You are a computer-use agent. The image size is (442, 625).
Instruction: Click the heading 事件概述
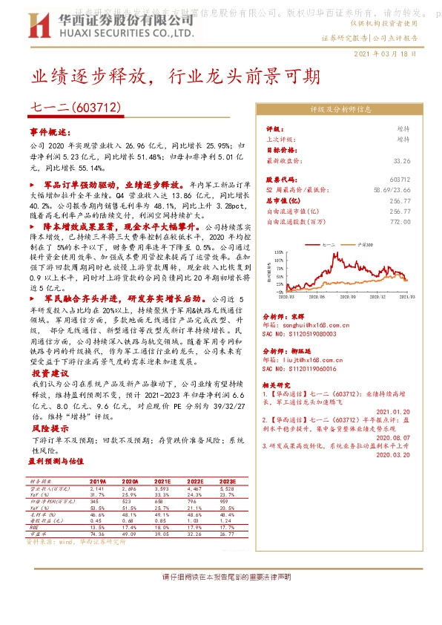coord(52,131)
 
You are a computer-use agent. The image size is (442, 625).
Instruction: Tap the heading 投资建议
coord(50,373)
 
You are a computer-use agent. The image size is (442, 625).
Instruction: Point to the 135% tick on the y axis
coord(279,252)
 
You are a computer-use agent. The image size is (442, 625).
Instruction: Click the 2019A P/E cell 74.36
coord(97,534)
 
